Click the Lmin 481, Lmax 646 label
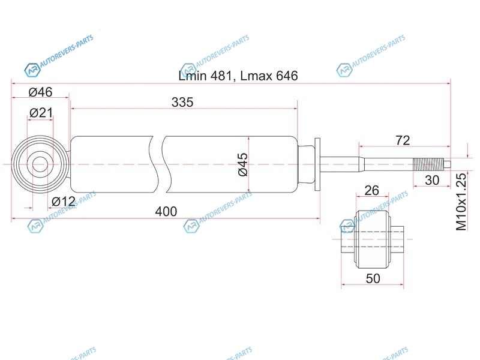238,76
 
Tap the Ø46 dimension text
40,92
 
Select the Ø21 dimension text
41,113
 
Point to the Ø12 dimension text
64,202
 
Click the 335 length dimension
182,102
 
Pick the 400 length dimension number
166,212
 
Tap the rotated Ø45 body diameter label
243,164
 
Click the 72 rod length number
403,140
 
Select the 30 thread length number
432,181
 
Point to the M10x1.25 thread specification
461,202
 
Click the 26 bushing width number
372,191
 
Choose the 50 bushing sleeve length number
373,278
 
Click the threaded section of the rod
428,164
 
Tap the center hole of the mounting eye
40,164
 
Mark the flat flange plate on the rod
317,164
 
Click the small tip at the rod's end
447,164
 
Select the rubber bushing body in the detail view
373,239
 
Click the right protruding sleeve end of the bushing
398,239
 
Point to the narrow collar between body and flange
306,164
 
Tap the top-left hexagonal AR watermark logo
32,70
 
